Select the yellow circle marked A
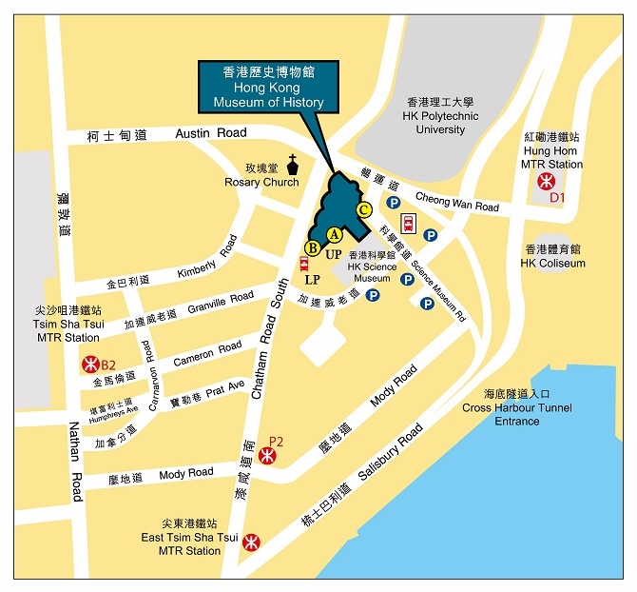[x=334, y=234]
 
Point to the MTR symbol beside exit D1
[x=546, y=182]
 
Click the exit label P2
[x=277, y=441]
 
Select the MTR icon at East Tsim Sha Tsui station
[x=251, y=542]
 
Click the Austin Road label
[x=211, y=133]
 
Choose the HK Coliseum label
[x=552, y=263]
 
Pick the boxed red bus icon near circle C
[x=409, y=224]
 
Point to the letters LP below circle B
[x=312, y=280]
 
